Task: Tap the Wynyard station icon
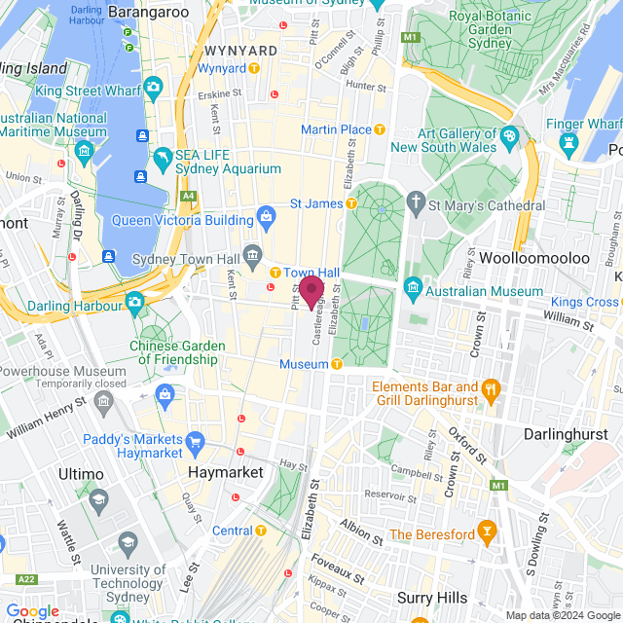coord(254,69)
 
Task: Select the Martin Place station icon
coord(381,128)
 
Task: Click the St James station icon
coord(351,203)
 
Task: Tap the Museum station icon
coord(337,364)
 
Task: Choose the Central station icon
coord(261,531)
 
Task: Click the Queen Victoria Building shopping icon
coord(264,214)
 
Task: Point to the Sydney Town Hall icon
coord(253,255)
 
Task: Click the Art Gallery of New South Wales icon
coord(509,135)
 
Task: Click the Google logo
coord(32,610)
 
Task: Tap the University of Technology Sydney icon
coord(128,542)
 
